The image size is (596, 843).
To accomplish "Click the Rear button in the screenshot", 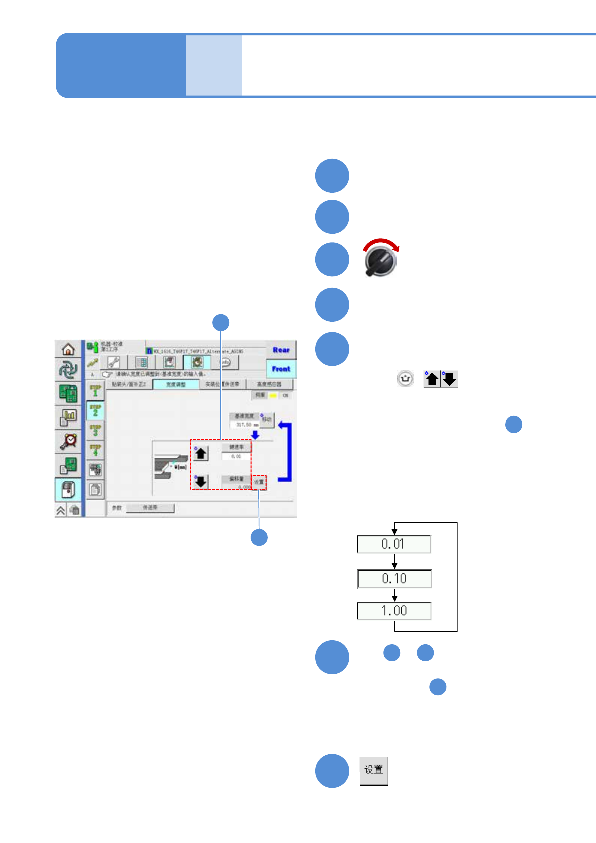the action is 281,350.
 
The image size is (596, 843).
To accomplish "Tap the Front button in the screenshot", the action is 281,369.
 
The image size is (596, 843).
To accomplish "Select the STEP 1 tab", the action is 95,391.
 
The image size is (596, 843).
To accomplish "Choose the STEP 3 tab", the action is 95,430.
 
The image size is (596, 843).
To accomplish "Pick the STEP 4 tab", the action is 95,449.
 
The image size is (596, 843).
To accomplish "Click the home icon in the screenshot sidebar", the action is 68,349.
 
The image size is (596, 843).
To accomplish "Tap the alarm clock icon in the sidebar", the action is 68,441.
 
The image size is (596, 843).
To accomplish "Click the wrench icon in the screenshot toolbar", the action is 114,362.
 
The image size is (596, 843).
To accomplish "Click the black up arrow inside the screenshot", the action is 201,453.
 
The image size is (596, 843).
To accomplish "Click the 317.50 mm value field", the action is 245,425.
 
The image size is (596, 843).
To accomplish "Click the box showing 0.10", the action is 394,579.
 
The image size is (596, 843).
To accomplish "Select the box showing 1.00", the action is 394,611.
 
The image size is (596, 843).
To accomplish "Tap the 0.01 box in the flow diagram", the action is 394,544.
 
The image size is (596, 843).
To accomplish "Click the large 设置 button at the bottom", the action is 374,770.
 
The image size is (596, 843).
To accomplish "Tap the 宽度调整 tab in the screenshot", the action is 176,384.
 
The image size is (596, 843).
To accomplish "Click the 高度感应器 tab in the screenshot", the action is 269,384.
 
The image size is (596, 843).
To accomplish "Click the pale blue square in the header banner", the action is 214,65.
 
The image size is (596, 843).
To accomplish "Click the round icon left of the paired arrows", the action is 405,379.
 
